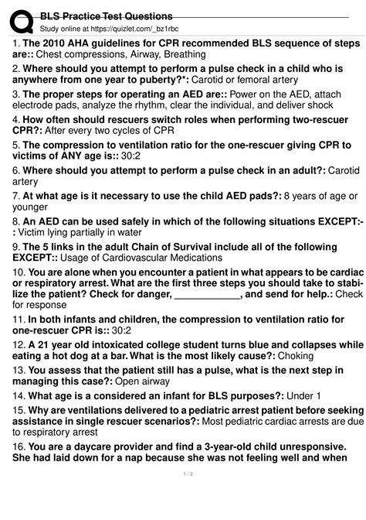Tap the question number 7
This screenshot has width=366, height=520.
(x=15, y=197)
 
